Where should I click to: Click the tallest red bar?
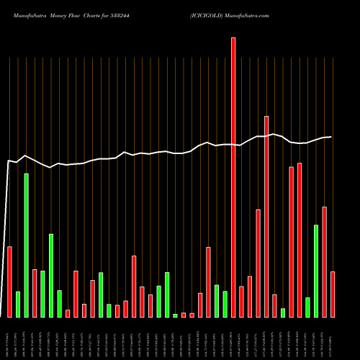(x=233, y=177)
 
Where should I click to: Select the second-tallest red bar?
(x=266, y=216)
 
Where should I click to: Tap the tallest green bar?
(x=27, y=245)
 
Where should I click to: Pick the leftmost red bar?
(x=10, y=282)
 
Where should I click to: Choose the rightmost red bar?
(x=333, y=294)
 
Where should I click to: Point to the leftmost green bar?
(x=18, y=304)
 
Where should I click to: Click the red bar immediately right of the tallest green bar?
(x=35, y=293)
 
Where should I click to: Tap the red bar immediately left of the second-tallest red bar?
(x=258, y=263)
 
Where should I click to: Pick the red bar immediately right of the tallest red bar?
(x=241, y=302)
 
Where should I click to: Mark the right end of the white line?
(x=331, y=137)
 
